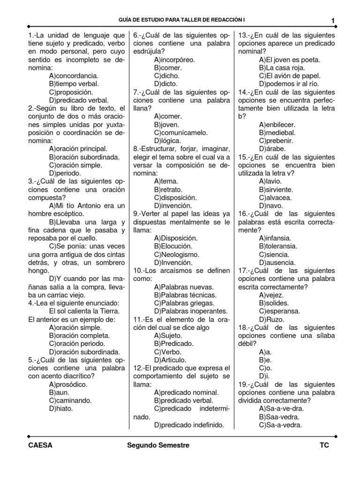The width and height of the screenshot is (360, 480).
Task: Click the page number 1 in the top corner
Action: tap(332, 21)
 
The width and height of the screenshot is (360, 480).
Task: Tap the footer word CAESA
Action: tap(40, 445)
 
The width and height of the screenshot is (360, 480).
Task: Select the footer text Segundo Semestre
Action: tap(158, 445)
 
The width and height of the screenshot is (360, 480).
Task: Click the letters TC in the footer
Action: tap(324, 445)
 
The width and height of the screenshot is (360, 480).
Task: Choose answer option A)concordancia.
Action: tap(74, 75)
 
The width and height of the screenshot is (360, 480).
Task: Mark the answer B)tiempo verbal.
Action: tap(74, 83)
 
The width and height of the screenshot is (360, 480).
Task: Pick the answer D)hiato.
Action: tap(61, 409)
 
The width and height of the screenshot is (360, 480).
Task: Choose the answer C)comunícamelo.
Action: tap(180, 132)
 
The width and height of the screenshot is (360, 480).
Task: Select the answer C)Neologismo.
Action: tap(176, 254)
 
